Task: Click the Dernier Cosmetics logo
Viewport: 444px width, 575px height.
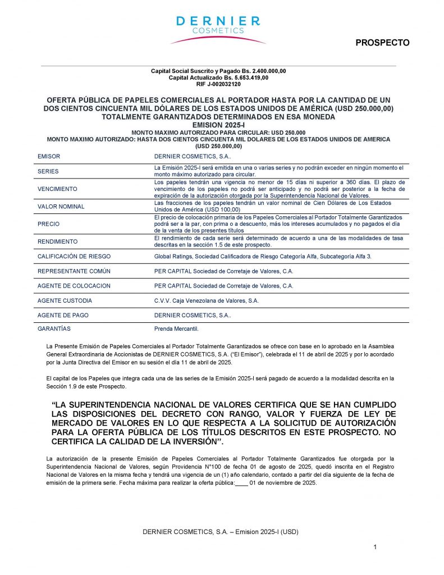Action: [218, 29]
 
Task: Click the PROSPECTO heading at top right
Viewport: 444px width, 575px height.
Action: [382, 43]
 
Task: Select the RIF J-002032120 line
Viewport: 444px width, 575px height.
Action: [218, 84]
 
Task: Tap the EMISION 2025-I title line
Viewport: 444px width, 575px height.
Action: [218, 125]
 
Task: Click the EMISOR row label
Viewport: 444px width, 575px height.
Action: [48, 157]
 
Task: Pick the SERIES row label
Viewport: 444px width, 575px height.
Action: [48, 171]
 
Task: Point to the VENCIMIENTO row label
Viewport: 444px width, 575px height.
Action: [57, 189]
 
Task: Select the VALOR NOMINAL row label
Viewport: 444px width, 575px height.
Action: [61, 207]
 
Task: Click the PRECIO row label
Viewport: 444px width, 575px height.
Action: [48, 224]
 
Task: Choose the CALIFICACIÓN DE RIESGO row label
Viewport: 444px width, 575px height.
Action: [74, 256]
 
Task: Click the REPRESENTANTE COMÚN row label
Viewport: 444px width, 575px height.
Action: [74, 271]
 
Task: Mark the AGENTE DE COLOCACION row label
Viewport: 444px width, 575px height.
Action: [74, 286]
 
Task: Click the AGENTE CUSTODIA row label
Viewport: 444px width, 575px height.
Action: [65, 301]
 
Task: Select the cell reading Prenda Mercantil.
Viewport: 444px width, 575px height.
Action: [176, 328]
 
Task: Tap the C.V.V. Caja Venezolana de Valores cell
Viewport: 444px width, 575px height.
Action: [206, 301]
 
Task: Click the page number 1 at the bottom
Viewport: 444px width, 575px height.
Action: [375, 547]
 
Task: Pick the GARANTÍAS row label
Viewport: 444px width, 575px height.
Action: [54, 328]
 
